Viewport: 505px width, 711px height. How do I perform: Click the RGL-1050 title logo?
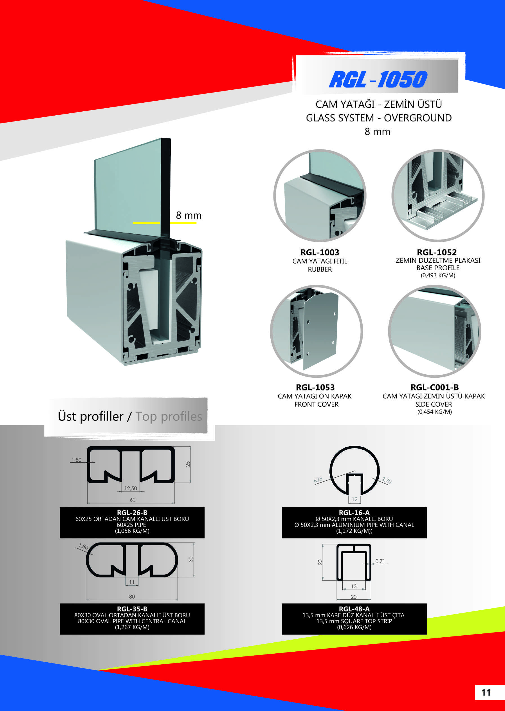pyautogui.click(x=378, y=79)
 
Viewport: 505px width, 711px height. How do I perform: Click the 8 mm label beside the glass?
pyautogui.click(x=188, y=215)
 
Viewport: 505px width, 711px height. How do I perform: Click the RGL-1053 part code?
pyautogui.click(x=315, y=387)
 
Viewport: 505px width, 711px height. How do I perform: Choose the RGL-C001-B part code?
pyautogui.click(x=435, y=387)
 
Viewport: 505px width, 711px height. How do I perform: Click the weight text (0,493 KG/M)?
pyautogui.click(x=438, y=275)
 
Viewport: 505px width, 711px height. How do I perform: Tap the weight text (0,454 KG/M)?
pyautogui.click(x=435, y=412)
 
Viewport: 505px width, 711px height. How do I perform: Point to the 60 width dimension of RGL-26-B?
pyautogui.click(x=133, y=499)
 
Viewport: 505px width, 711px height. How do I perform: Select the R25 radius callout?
pyautogui.click(x=318, y=480)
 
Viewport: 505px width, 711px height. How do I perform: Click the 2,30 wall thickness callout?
pyautogui.click(x=387, y=480)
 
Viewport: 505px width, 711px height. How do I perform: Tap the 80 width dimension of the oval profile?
pyautogui.click(x=132, y=597)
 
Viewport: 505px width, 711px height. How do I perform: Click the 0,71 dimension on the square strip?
pyautogui.click(x=380, y=561)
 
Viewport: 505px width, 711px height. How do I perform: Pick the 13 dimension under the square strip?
pyautogui.click(x=354, y=586)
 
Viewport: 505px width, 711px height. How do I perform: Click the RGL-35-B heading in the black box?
pyautogui.click(x=132, y=609)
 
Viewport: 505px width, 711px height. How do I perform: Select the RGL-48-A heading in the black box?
pyautogui.click(x=354, y=609)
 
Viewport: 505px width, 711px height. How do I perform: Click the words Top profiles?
pyautogui.click(x=169, y=417)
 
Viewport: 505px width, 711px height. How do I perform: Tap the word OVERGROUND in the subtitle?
pyautogui.click(x=418, y=118)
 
